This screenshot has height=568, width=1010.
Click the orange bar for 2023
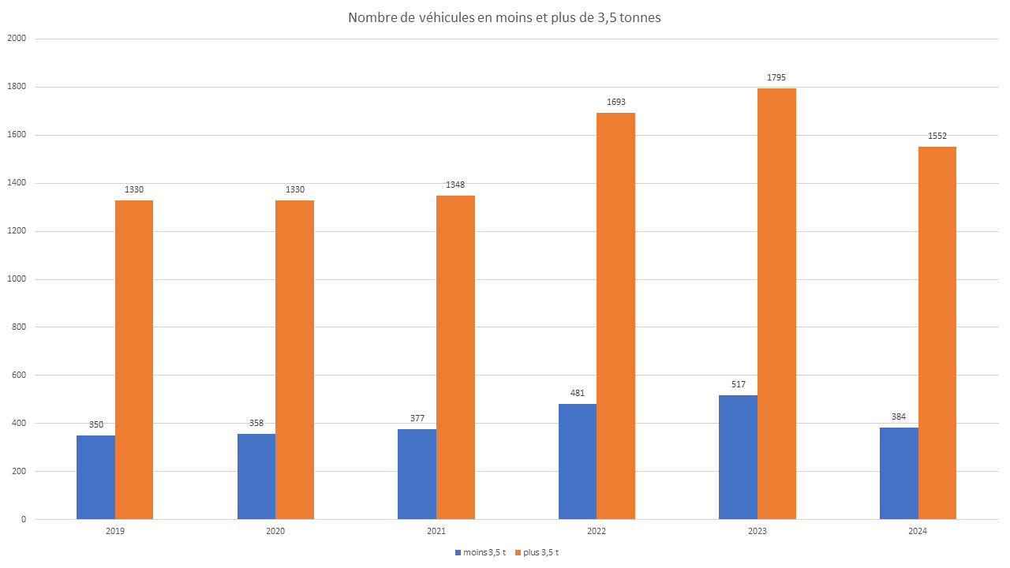coord(776,304)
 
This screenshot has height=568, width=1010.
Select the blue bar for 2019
coord(95,477)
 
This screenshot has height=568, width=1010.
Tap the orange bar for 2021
coord(455,357)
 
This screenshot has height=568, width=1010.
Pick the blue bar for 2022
coord(578,461)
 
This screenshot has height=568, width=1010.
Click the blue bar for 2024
coord(899,473)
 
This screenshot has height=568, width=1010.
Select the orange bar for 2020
coord(294,360)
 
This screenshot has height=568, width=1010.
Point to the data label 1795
coord(776,77)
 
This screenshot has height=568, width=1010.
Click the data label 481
coord(578,393)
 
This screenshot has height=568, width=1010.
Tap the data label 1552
coord(937,136)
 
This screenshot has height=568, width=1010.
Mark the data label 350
coord(95,424)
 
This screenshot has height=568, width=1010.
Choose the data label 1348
coord(455,185)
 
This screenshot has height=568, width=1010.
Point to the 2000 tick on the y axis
coord(16,39)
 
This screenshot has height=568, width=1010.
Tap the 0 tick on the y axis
coord(24,519)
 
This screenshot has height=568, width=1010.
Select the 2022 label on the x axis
coord(597,532)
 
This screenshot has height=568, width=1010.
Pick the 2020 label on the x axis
coord(275,532)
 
